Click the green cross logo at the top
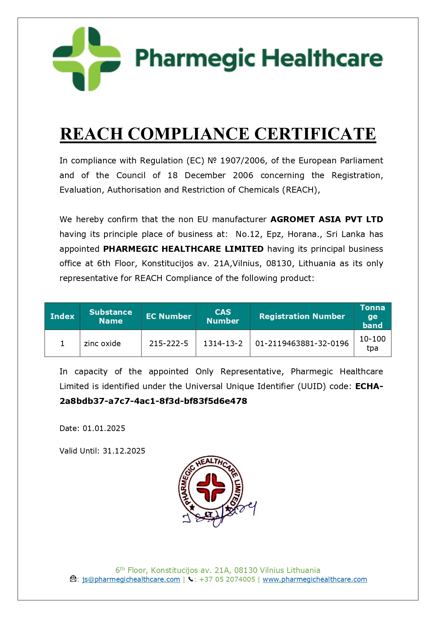pyautogui.click(x=86, y=59)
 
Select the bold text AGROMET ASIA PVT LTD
pyautogui.click(x=327, y=219)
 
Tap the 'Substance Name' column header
pyautogui.click(x=110, y=316)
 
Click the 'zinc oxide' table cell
pyautogui.click(x=102, y=343)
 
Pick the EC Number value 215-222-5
pyautogui.click(x=168, y=343)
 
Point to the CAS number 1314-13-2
pyautogui.click(x=223, y=343)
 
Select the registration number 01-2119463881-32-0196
pyautogui.click(x=302, y=343)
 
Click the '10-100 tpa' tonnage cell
pyautogui.click(x=372, y=343)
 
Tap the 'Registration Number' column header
pyautogui.click(x=302, y=316)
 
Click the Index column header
pyautogui.click(x=62, y=316)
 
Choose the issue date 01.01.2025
pyautogui.click(x=104, y=428)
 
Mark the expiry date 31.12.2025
pyautogui.click(x=124, y=451)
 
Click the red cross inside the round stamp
pyautogui.click(x=211, y=487)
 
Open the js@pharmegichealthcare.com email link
pyautogui.click(x=131, y=579)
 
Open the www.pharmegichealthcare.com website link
pyautogui.click(x=315, y=579)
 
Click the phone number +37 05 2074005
pyautogui.click(x=227, y=579)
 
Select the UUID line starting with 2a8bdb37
pyautogui.click(x=153, y=401)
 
